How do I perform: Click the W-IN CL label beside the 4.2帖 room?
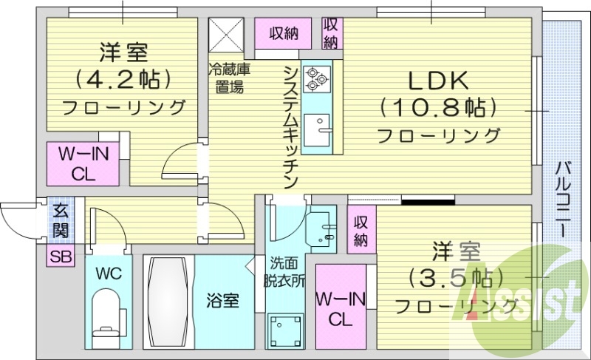(83, 165)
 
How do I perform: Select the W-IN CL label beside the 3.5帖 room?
(340, 310)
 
